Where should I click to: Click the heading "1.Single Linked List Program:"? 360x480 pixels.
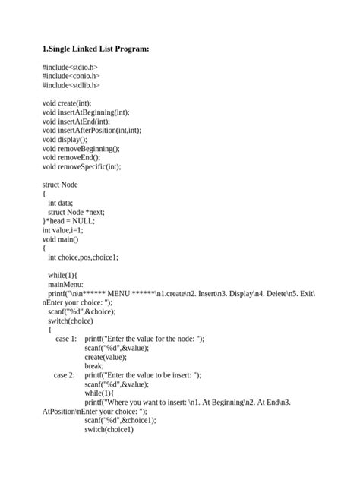click(x=96, y=49)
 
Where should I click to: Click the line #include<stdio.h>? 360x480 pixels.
click(x=71, y=68)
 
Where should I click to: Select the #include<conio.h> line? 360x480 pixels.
click(x=71, y=76)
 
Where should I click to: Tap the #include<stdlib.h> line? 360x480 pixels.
click(x=71, y=85)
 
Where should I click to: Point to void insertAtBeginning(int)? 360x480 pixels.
click(x=86, y=112)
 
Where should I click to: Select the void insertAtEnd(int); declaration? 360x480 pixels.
click(x=76, y=121)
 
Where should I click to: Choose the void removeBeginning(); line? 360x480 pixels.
click(x=81, y=148)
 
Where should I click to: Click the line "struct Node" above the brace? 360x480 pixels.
click(x=60, y=185)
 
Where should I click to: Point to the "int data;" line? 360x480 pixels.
click(x=61, y=203)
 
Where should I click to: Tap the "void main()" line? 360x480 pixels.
click(x=62, y=238)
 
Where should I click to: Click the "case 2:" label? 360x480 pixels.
click(x=65, y=374)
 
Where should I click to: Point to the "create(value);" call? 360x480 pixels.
click(x=106, y=356)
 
